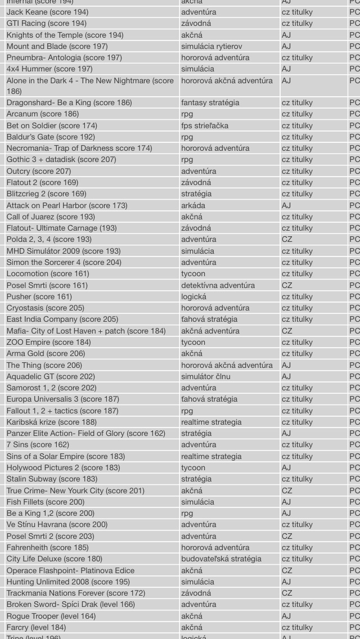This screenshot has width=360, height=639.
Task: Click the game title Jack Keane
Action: coord(47,12)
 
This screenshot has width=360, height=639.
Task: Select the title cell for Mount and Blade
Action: coord(57,46)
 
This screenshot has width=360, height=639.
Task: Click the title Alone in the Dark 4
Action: coord(90,81)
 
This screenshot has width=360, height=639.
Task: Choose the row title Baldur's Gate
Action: coord(51,137)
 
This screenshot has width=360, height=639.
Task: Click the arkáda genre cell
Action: coord(193,205)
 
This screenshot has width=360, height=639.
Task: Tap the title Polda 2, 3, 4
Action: coord(49,239)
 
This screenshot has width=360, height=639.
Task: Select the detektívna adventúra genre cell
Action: coord(218,285)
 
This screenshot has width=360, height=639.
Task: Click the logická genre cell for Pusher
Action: coord(193,296)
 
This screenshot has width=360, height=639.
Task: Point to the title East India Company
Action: coord(62,319)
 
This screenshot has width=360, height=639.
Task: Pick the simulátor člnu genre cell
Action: coord(205,376)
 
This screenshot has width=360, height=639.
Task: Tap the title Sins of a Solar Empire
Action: coord(65,456)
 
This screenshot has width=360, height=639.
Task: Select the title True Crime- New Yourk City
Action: coord(75,490)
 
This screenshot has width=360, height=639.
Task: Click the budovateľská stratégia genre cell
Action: coord(221,559)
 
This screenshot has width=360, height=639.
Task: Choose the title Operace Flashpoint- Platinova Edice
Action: coord(70,570)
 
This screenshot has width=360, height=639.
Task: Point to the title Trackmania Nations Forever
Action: coord(75,593)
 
